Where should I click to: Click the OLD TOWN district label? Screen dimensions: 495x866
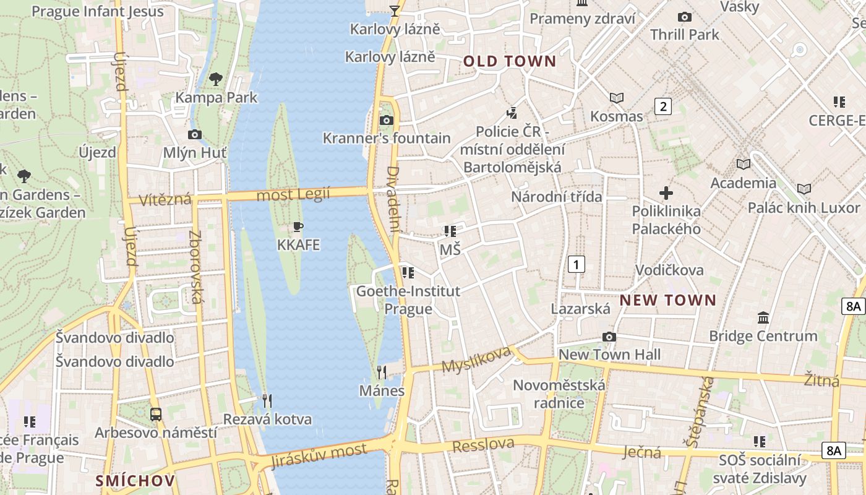(x=510, y=61)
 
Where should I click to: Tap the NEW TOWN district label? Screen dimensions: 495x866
(x=668, y=301)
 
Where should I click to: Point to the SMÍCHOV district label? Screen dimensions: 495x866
(x=135, y=480)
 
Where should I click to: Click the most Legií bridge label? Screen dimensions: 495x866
(x=293, y=194)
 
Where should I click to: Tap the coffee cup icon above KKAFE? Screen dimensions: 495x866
(x=298, y=227)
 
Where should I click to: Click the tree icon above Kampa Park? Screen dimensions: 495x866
(x=216, y=79)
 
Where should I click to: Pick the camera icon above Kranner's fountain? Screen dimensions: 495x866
(x=387, y=120)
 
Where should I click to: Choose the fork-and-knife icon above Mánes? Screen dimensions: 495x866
(x=382, y=372)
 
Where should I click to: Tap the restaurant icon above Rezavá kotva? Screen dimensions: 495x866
(x=267, y=401)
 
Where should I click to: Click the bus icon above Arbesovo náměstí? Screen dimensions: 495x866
(x=156, y=415)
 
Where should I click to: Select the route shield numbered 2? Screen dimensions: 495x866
(x=663, y=106)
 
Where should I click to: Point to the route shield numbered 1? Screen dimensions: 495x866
(x=576, y=265)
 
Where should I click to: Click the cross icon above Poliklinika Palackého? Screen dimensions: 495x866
(x=666, y=193)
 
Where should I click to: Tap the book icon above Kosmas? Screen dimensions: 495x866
(x=617, y=98)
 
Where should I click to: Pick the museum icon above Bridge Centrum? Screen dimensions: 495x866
(x=763, y=318)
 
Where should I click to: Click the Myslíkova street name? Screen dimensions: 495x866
(x=476, y=360)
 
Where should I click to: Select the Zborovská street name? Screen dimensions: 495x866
(x=195, y=267)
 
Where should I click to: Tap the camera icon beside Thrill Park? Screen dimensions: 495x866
(x=684, y=17)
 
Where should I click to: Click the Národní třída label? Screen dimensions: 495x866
(x=556, y=197)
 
